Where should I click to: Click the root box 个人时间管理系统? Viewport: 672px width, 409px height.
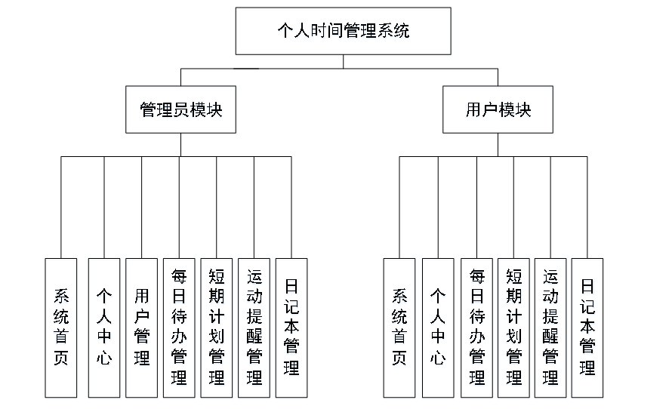click(x=343, y=31)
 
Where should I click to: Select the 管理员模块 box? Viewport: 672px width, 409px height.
click(x=180, y=109)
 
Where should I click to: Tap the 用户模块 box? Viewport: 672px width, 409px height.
click(x=498, y=109)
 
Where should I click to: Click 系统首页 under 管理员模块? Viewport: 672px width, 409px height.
click(x=60, y=328)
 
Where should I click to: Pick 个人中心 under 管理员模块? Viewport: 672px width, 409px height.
click(x=104, y=328)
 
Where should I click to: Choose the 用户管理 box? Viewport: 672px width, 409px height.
click(x=141, y=328)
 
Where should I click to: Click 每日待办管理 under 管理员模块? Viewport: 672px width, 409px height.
click(x=179, y=328)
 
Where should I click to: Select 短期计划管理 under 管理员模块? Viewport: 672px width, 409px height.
click(x=216, y=328)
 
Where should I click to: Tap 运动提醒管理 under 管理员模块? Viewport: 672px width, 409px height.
click(x=254, y=328)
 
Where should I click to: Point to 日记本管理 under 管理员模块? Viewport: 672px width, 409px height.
click(x=291, y=328)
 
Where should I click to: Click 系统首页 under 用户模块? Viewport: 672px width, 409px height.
click(x=399, y=328)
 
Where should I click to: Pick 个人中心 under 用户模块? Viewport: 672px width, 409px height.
click(x=438, y=328)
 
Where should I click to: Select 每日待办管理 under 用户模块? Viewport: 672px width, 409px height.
click(x=476, y=328)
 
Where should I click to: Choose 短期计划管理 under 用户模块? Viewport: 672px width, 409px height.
click(x=513, y=328)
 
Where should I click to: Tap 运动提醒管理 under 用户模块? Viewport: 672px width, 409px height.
click(x=550, y=328)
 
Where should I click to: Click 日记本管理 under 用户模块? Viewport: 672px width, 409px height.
click(x=587, y=328)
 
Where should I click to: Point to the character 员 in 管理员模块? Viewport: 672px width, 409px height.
click(x=181, y=109)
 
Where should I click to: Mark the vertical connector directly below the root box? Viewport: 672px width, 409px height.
click(x=343, y=61)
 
